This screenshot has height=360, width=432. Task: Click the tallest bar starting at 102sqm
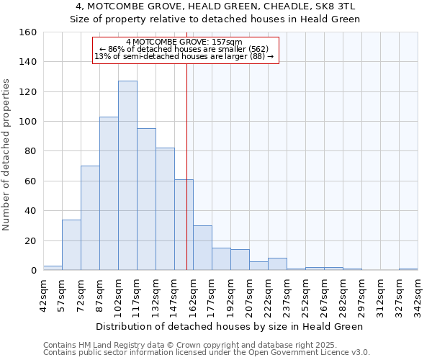[x=127, y=176]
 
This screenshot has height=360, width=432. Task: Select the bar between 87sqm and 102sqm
[x=109, y=194]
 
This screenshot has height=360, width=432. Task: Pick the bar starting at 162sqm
[x=202, y=248]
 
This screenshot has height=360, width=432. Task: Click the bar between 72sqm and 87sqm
[x=90, y=218]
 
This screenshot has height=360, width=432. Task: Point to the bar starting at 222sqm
[x=277, y=264]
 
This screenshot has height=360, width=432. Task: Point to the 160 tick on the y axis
[x=28, y=32]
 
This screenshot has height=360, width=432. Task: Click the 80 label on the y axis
[x=30, y=151]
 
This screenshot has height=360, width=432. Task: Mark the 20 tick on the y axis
[x=30, y=240]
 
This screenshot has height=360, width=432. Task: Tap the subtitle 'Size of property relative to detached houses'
[x=215, y=19]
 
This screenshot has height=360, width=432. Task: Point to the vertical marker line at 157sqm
[x=186, y=144]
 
